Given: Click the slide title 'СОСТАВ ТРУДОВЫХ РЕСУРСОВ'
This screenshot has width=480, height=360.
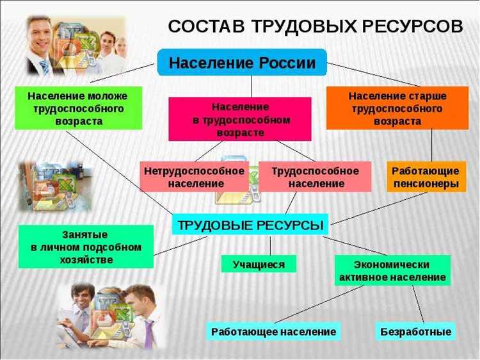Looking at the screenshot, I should tap(315, 26).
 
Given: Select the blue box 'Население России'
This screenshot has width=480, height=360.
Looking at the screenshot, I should tap(242, 63).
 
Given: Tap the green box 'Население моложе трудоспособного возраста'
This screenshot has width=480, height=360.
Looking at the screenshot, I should tap(77, 108).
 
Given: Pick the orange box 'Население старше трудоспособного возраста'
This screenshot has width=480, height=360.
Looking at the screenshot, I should tap(397, 108).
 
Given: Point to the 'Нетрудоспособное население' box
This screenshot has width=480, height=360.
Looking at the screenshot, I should tap(194, 177).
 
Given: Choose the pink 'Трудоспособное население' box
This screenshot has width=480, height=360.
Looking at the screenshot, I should tap(315, 177).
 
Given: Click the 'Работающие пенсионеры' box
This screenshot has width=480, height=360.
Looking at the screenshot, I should tap(426, 177).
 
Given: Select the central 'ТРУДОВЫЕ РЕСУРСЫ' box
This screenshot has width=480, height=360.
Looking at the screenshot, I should tap(250, 225).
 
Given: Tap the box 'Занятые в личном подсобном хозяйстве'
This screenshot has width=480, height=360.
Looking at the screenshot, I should tap(86, 247).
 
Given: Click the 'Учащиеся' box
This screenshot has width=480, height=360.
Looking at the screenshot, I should tap(259, 264).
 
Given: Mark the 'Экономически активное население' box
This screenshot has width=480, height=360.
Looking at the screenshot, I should tap(392, 270).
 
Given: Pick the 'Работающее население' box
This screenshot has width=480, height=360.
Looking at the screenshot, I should tap(274, 332).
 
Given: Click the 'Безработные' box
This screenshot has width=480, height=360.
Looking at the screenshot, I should tap(415, 332).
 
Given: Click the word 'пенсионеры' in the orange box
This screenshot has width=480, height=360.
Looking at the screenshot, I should tap(426, 184).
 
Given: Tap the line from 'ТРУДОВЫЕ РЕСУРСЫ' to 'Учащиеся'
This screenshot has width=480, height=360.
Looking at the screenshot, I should tap(270, 245).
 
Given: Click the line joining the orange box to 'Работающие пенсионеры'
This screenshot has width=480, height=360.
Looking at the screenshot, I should tap(431, 145).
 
